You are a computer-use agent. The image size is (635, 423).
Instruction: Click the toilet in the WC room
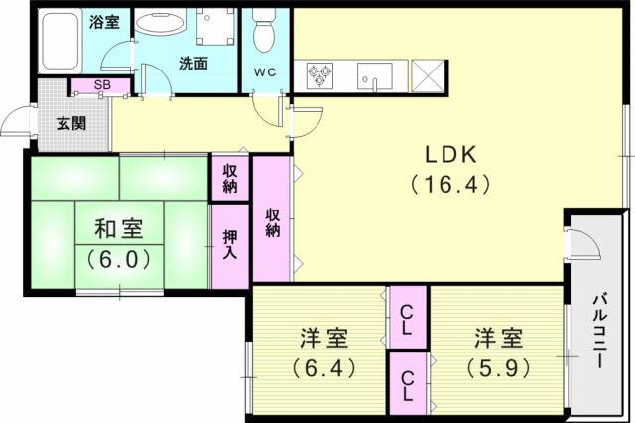pos(263,30)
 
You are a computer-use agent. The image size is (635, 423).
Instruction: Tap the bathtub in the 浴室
pos(60,41)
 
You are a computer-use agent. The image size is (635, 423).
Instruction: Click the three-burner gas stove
pos(319,74)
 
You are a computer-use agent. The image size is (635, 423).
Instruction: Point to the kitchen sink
pos(375,76)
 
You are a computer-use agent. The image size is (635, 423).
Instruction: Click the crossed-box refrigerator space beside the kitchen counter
pos(428,75)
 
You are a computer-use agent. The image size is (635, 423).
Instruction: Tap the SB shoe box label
pos(102,85)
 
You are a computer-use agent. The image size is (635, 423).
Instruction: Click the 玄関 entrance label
pos(71,123)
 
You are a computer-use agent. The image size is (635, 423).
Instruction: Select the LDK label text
pos(450,154)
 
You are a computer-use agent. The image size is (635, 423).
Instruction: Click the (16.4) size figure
pos(450,185)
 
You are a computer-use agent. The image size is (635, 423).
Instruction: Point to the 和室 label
pos(119,229)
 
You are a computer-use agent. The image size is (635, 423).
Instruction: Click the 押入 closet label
pos(230,244)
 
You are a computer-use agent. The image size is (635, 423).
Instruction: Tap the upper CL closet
pos(408,318)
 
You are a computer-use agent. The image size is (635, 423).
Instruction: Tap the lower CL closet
pos(408,383)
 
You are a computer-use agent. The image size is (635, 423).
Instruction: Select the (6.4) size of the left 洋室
pos(323,368)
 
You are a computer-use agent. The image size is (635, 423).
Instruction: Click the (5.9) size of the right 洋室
pos(498,368)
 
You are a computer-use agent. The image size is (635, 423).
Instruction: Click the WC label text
pos(266,72)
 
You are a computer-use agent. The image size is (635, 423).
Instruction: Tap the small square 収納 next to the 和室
pos(230,178)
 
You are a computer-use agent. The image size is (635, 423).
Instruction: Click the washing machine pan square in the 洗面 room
pos(216,26)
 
